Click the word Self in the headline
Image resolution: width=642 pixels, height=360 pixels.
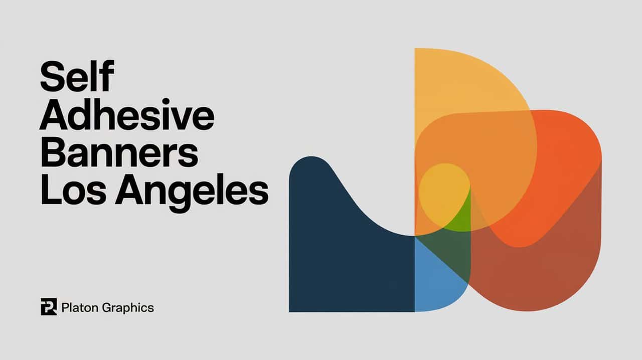[x=77, y=78]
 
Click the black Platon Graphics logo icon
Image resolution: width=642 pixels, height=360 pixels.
[x=49, y=307]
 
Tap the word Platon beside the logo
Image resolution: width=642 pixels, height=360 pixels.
[x=79, y=307]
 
